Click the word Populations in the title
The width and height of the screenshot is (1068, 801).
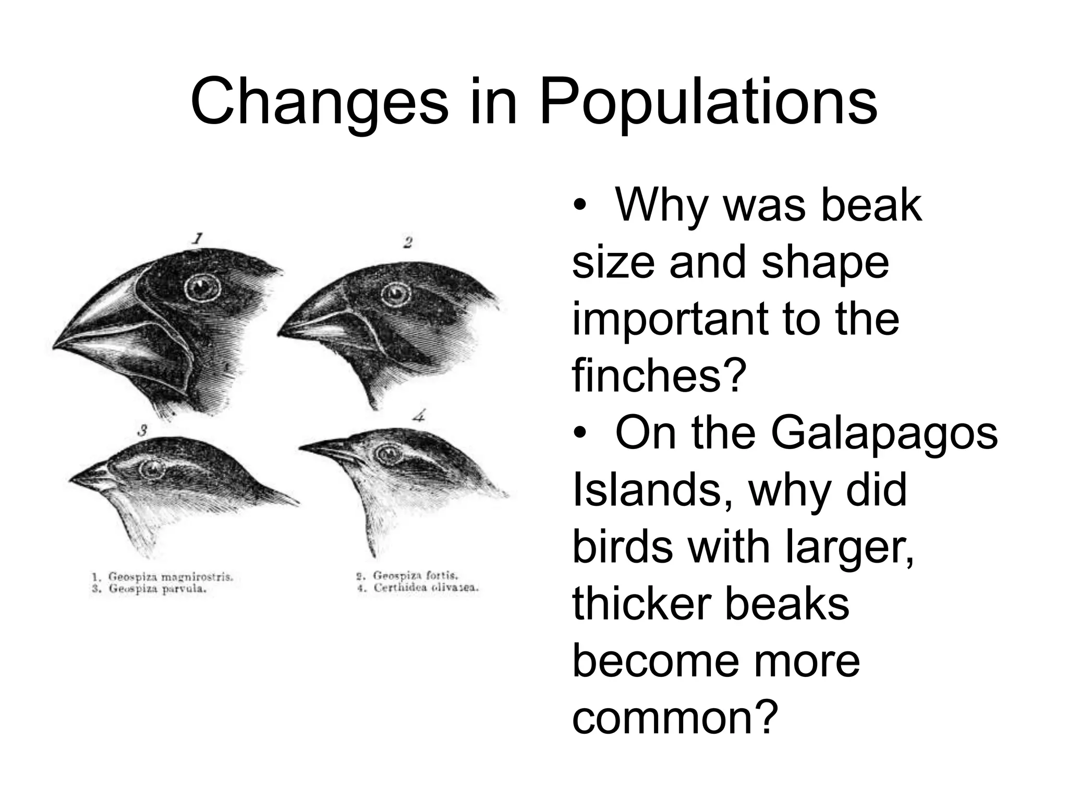(x=708, y=103)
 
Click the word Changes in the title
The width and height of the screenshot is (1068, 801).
(x=319, y=103)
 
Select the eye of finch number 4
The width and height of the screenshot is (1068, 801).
(x=389, y=454)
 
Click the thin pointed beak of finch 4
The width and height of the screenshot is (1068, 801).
(x=323, y=448)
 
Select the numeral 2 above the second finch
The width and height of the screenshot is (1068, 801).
(x=408, y=242)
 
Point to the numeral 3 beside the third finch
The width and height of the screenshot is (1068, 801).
(x=142, y=431)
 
